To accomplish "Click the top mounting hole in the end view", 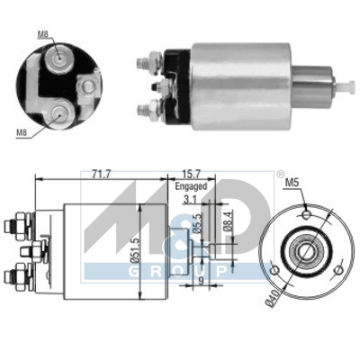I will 306,213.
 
